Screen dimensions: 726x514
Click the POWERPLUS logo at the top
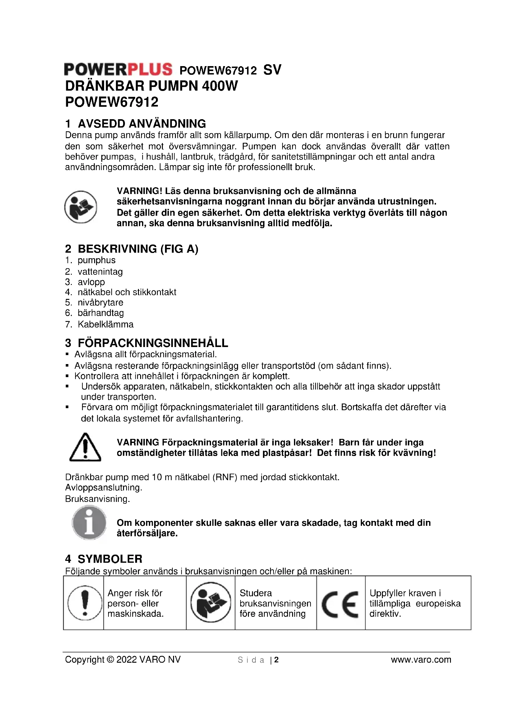click(118, 70)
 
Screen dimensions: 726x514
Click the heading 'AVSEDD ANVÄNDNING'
click(142, 123)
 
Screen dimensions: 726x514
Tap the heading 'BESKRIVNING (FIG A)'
click(138, 249)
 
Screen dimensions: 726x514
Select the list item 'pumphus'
click(97, 260)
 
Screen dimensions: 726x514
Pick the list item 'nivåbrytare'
click(100, 303)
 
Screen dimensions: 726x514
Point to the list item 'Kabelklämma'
click(105, 324)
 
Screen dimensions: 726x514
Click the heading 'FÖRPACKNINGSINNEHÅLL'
click(153, 343)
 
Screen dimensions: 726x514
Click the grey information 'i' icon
click(89, 523)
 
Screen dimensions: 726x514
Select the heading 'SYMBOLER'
click(110, 559)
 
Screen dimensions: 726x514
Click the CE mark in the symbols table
click(340, 605)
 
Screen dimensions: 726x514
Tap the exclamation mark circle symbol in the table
click(84, 603)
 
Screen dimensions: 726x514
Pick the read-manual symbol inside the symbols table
click(210, 603)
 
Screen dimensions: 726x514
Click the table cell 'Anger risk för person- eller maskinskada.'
click(135, 603)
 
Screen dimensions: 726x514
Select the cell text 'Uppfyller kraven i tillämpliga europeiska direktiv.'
click(415, 603)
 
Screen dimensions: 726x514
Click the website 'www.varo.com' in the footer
click(421, 660)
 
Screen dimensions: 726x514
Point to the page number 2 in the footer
click(276, 660)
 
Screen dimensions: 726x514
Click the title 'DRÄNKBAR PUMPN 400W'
click(151, 86)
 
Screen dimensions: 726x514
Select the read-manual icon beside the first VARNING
click(81, 207)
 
